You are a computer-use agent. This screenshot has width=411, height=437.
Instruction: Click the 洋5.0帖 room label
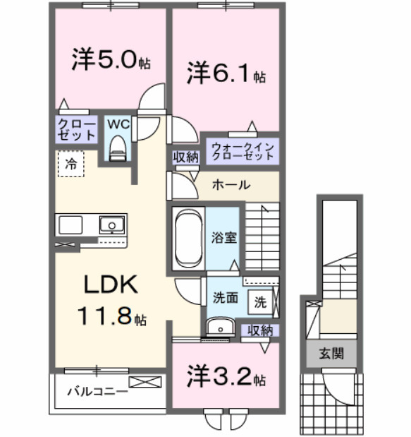(110, 60)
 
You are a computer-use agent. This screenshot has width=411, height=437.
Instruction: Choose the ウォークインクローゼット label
(240, 151)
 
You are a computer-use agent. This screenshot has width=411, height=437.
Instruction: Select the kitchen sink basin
(111, 226)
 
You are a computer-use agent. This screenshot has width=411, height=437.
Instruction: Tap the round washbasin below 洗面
(221, 328)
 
